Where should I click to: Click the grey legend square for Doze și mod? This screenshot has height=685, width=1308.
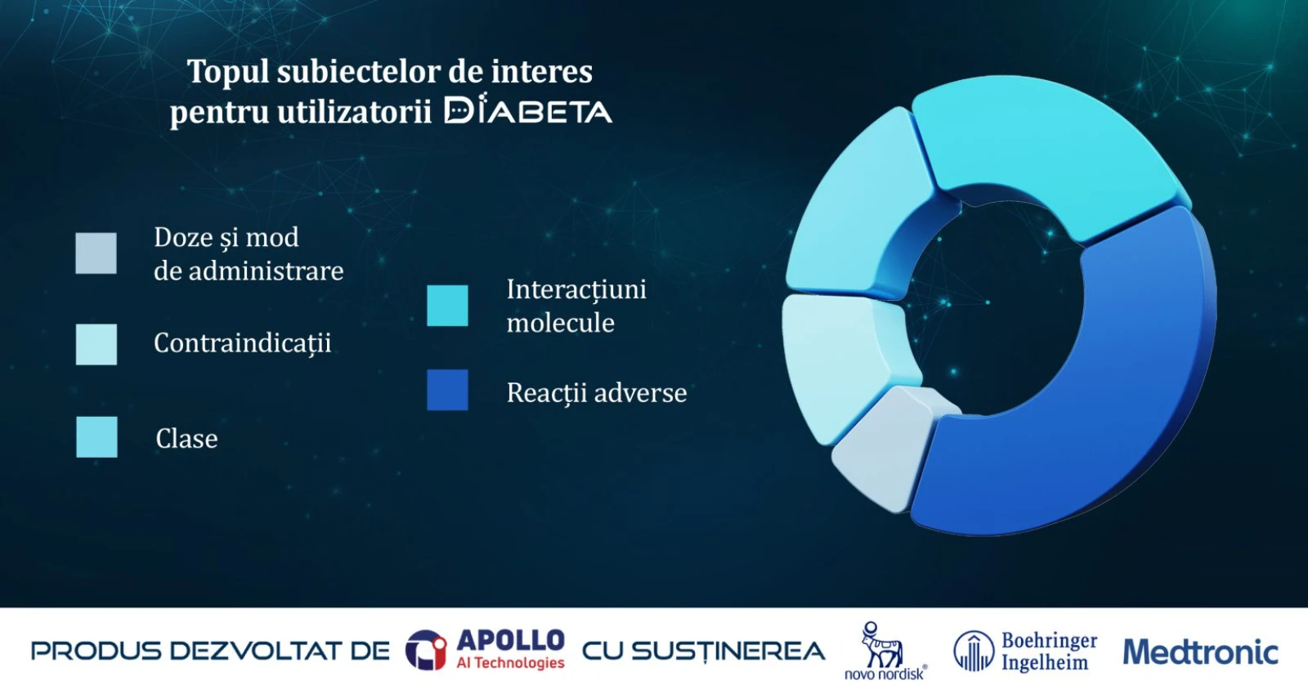[x=96, y=253]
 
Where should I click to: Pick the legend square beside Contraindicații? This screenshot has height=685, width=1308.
[x=96, y=345]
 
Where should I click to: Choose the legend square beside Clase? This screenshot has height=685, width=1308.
[x=97, y=437]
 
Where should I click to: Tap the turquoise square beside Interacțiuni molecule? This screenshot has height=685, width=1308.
[x=447, y=306]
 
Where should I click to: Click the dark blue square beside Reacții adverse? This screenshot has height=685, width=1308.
[x=447, y=390]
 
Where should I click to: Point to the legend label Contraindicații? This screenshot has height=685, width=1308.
[x=242, y=343]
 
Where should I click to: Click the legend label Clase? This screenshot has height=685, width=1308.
[x=187, y=439]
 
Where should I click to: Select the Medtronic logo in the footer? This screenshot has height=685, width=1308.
[x=1201, y=651]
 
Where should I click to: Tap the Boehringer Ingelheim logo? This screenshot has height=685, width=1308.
[x=1025, y=651]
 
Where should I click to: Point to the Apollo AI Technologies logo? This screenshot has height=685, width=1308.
[x=486, y=649]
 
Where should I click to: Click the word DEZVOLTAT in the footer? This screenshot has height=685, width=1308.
[x=279, y=651]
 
